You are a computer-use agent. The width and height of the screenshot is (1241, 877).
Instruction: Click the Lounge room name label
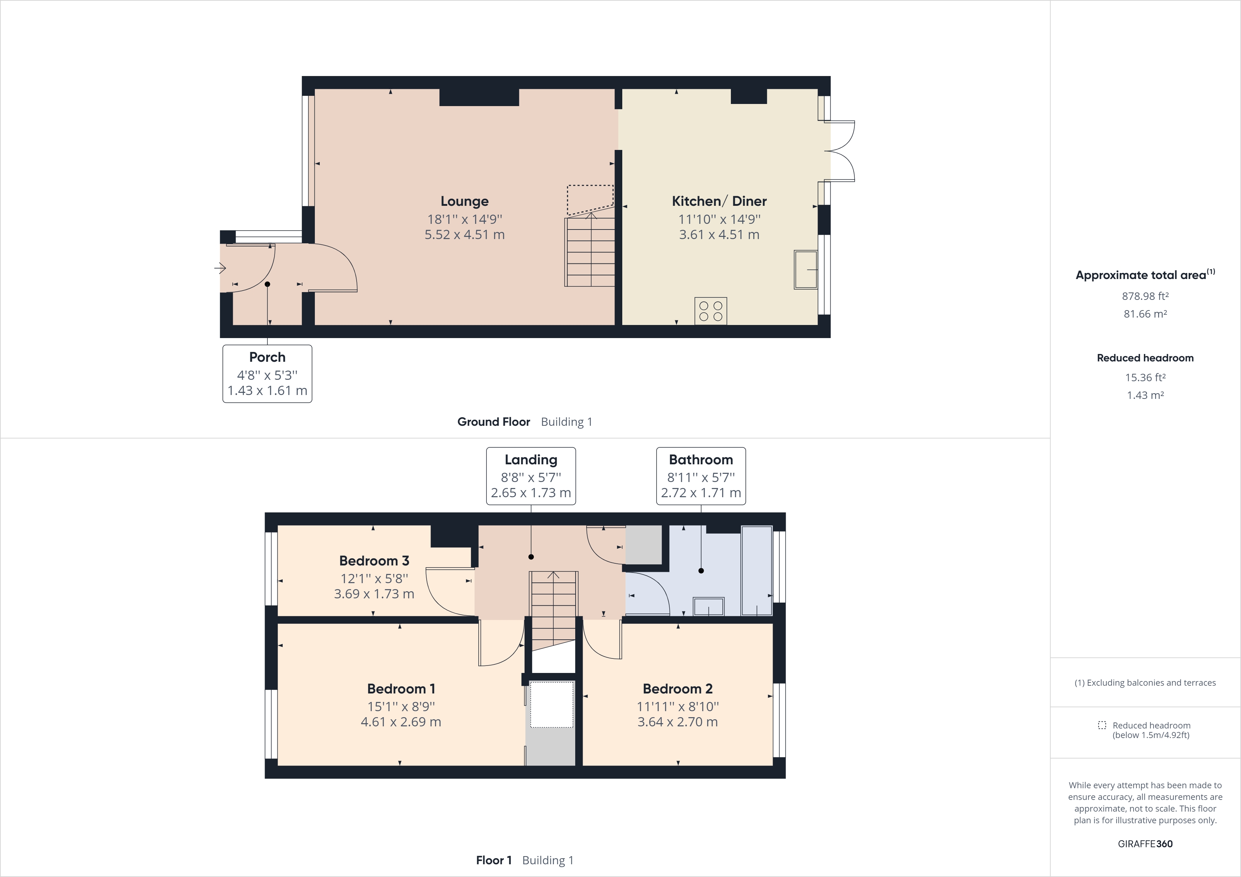click(464, 201)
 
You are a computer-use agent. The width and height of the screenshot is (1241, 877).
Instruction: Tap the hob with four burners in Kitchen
click(710, 311)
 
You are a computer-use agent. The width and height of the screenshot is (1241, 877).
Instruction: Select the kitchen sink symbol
click(806, 269)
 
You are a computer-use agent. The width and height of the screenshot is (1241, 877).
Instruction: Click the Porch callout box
click(267, 374)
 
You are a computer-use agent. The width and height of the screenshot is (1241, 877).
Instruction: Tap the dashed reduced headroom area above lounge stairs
click(590, 198)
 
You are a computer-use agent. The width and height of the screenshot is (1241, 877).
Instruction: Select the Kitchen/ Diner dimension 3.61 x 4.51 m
click(719, 234)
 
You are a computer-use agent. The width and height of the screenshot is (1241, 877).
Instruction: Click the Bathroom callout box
click(700, 476)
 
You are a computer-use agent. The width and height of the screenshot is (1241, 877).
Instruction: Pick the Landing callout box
click(531, 476)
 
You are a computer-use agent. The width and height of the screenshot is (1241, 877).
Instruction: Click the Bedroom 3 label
click(374, 561)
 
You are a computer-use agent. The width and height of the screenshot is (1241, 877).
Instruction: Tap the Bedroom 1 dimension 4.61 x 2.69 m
click(400, 722)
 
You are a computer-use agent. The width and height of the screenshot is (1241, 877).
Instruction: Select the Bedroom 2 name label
click(677, 689)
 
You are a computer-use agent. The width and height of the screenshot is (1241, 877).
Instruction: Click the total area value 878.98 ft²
click(1145, 296)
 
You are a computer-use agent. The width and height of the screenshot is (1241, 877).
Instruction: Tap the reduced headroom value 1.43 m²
click(1145, 395)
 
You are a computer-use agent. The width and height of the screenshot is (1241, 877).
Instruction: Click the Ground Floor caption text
click(493, 422)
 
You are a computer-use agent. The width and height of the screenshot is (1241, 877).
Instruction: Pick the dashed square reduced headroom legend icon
click(1102, 725)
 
